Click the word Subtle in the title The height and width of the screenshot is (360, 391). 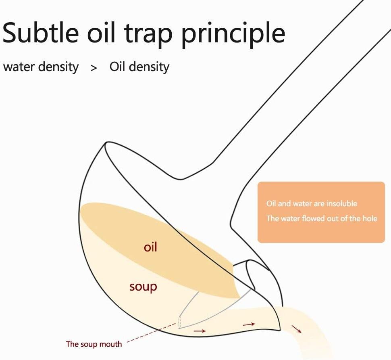point(41,33)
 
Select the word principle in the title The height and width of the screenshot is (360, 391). point(233,35)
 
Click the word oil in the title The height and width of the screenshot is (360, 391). point(101,33)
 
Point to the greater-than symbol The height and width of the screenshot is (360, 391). point(94,68)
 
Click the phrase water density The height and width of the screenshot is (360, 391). point(41,67)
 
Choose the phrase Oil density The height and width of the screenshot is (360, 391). point(139,67)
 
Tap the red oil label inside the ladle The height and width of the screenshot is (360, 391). point(150,247)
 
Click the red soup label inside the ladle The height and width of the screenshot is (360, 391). point(143,287)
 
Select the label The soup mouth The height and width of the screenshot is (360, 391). point(94,344)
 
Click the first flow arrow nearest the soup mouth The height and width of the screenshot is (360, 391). point(200,331)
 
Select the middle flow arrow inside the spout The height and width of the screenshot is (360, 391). point(249,324)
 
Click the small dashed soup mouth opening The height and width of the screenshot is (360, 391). point(179,322)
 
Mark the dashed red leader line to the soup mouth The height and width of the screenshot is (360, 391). point(152,333)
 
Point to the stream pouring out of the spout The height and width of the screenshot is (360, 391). point(309,335)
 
